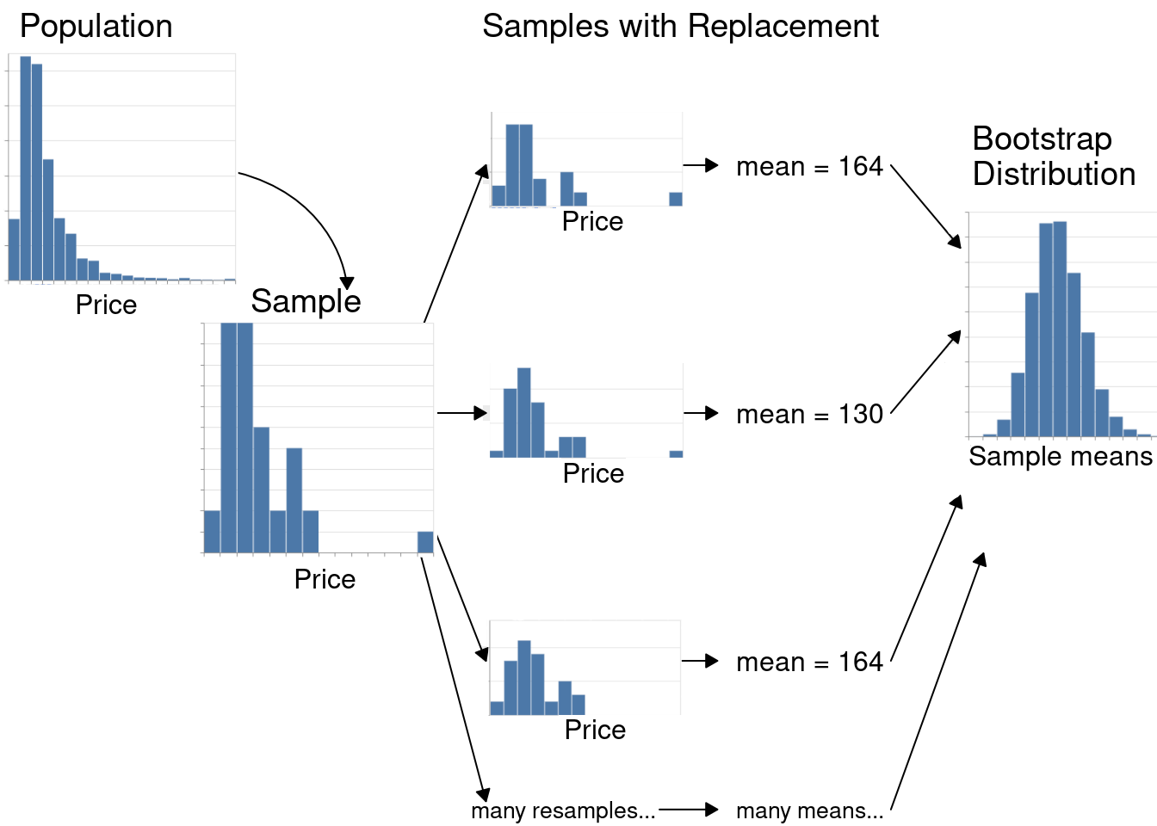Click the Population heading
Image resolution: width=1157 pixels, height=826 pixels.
[96, 27]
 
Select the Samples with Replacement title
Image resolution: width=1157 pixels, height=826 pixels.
[680, 27]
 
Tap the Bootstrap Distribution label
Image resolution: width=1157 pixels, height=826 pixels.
[1053, 157]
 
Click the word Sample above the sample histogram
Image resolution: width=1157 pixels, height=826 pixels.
[306, 301]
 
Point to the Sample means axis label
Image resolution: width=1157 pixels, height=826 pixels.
[1060, 456]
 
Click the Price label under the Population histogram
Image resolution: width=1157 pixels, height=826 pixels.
[106, 305]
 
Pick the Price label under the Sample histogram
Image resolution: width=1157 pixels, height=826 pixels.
[325, 579]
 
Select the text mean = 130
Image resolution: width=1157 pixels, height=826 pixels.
[809, 414]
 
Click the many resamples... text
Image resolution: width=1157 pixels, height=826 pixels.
[563, 811]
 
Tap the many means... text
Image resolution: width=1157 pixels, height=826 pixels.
[809, 811]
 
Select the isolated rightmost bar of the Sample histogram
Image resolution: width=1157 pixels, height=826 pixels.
[425, 542]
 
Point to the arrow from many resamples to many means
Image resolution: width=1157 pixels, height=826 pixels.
[689, 810]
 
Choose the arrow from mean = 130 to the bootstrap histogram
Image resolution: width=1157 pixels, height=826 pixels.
[925, 373]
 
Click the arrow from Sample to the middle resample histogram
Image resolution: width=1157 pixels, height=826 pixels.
[462, 413]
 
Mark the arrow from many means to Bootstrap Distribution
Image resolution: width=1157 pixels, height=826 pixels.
[937, 680]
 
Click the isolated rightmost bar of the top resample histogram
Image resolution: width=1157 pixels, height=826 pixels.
[676, 199]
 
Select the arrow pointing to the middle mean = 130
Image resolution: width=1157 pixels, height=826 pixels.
[701, 413]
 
